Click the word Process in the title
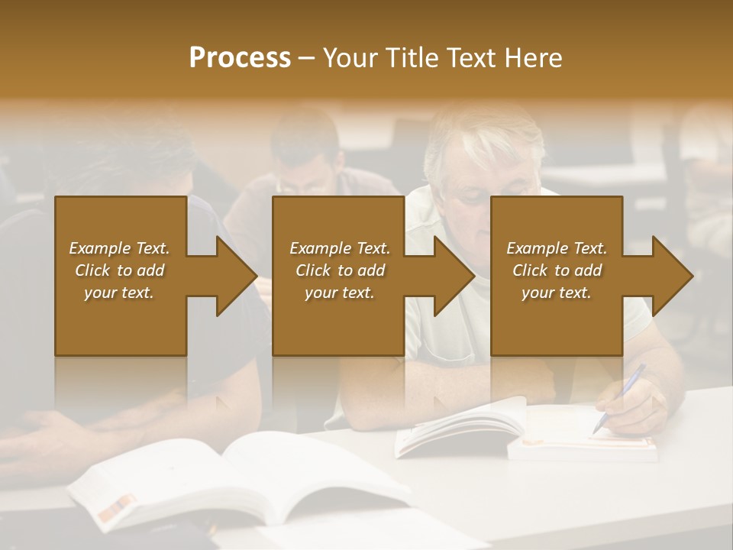[x=240, y=58]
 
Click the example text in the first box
[x=120, y=270]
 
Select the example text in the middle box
[x=340, y=270]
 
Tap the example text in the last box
[x=557, y=270]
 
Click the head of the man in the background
[x=305, y=153]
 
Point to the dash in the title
[x=307, y=58]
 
